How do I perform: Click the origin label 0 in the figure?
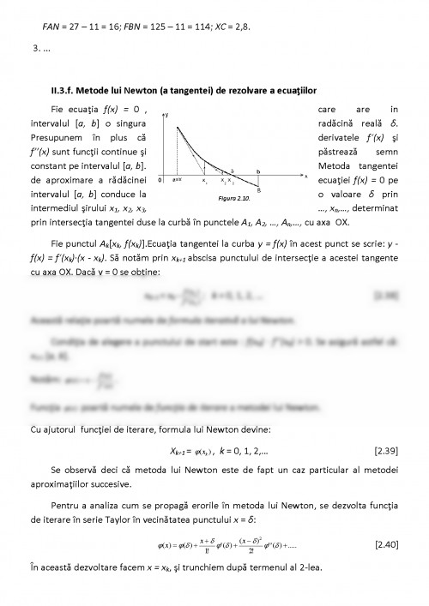(161, 181)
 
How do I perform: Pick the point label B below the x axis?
(259, 189)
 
